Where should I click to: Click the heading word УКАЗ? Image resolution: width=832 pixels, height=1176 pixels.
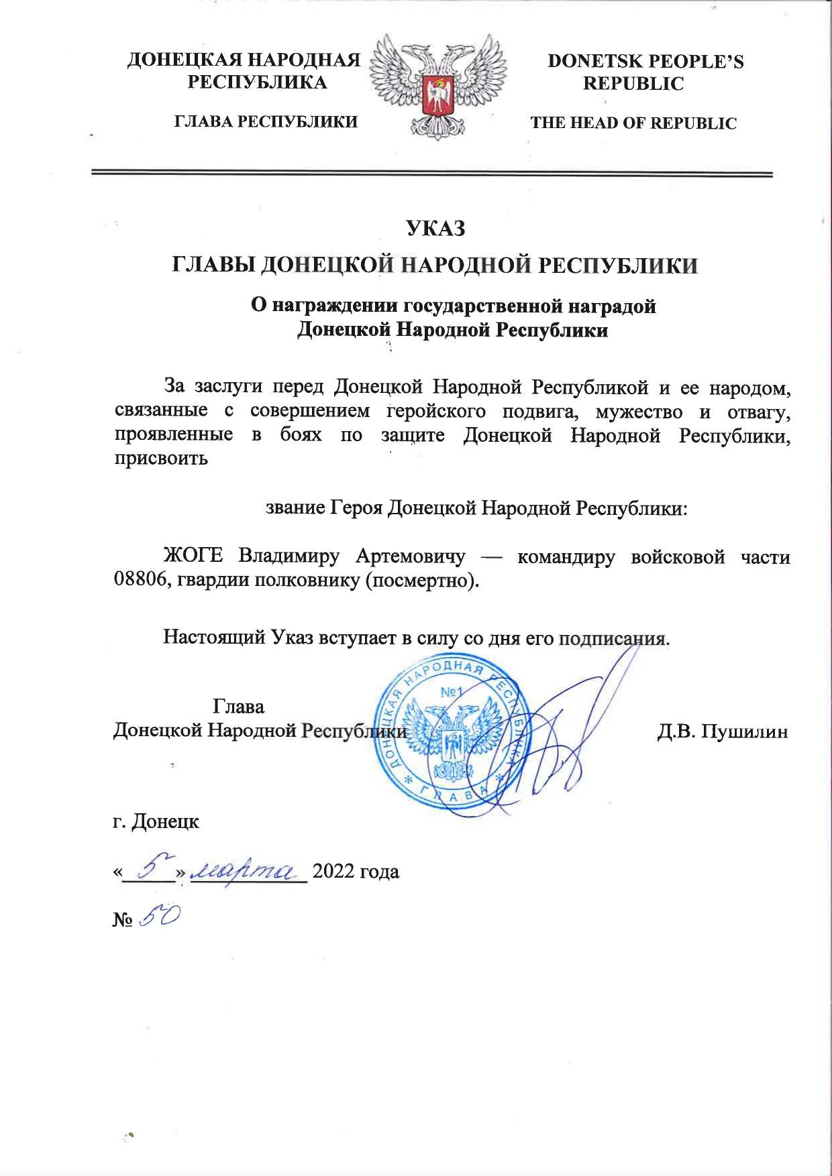(x=435, y=229)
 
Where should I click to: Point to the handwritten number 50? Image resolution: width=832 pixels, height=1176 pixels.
(x=159, y=917)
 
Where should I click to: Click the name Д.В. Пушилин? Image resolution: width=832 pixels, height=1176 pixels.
(x=722, y=731)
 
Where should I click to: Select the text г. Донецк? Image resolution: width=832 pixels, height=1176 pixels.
(x=156, y=821)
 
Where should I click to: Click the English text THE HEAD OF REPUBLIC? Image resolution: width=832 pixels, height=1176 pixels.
(x=633, y=123)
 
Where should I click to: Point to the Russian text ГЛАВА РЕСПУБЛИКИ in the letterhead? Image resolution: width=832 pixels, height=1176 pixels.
(x=266, y=122)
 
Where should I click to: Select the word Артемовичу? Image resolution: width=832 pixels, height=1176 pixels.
(x=411, y=556)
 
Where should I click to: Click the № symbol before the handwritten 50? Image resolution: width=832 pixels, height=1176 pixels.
(x=122, y=919)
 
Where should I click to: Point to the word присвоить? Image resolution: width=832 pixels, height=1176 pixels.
(x=161, y=459)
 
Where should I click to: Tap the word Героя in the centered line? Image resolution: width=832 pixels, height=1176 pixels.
(x=356, y=508)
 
